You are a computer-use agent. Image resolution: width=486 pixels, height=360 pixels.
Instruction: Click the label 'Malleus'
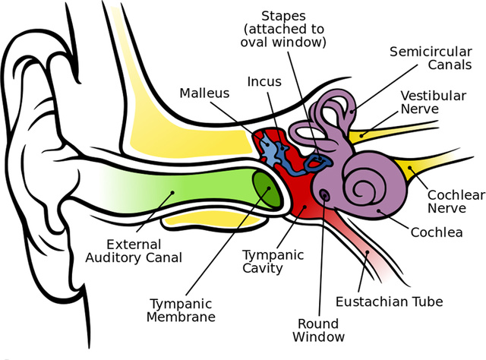204,93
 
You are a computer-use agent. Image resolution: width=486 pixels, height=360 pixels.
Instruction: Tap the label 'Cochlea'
437,232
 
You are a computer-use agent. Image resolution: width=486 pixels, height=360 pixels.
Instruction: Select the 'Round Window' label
322,328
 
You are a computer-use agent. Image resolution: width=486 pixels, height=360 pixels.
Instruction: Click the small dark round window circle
325,194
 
